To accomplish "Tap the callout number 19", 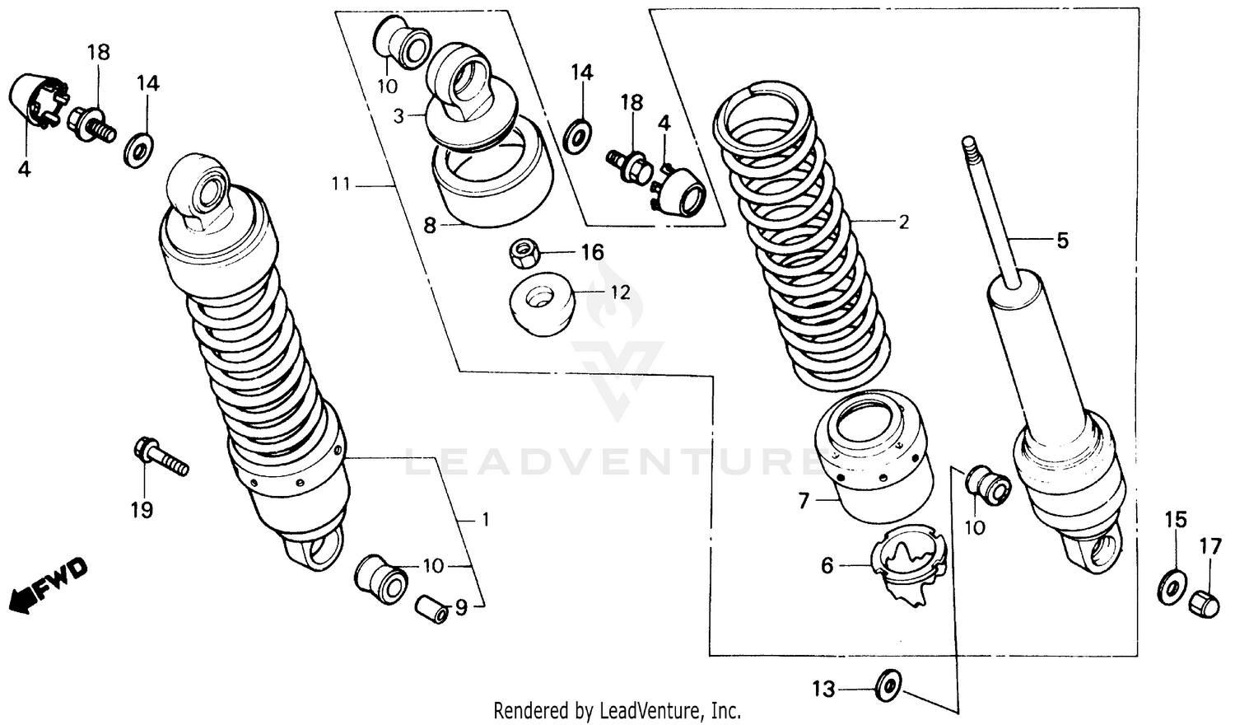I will [142, 510].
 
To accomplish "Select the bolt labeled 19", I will [160, 456].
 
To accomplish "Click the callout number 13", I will [823, 689].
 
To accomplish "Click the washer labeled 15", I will [1171, 584].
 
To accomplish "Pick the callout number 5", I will [1062, 241].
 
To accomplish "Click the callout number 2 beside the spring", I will [903, 222].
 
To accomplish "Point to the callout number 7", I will [804, 500].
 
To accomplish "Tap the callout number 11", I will [341, 184].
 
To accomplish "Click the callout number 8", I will [429, 225].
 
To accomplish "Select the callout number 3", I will [398, 116].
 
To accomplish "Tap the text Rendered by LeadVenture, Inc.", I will [617, 710].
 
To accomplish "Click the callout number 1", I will [486, 519].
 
